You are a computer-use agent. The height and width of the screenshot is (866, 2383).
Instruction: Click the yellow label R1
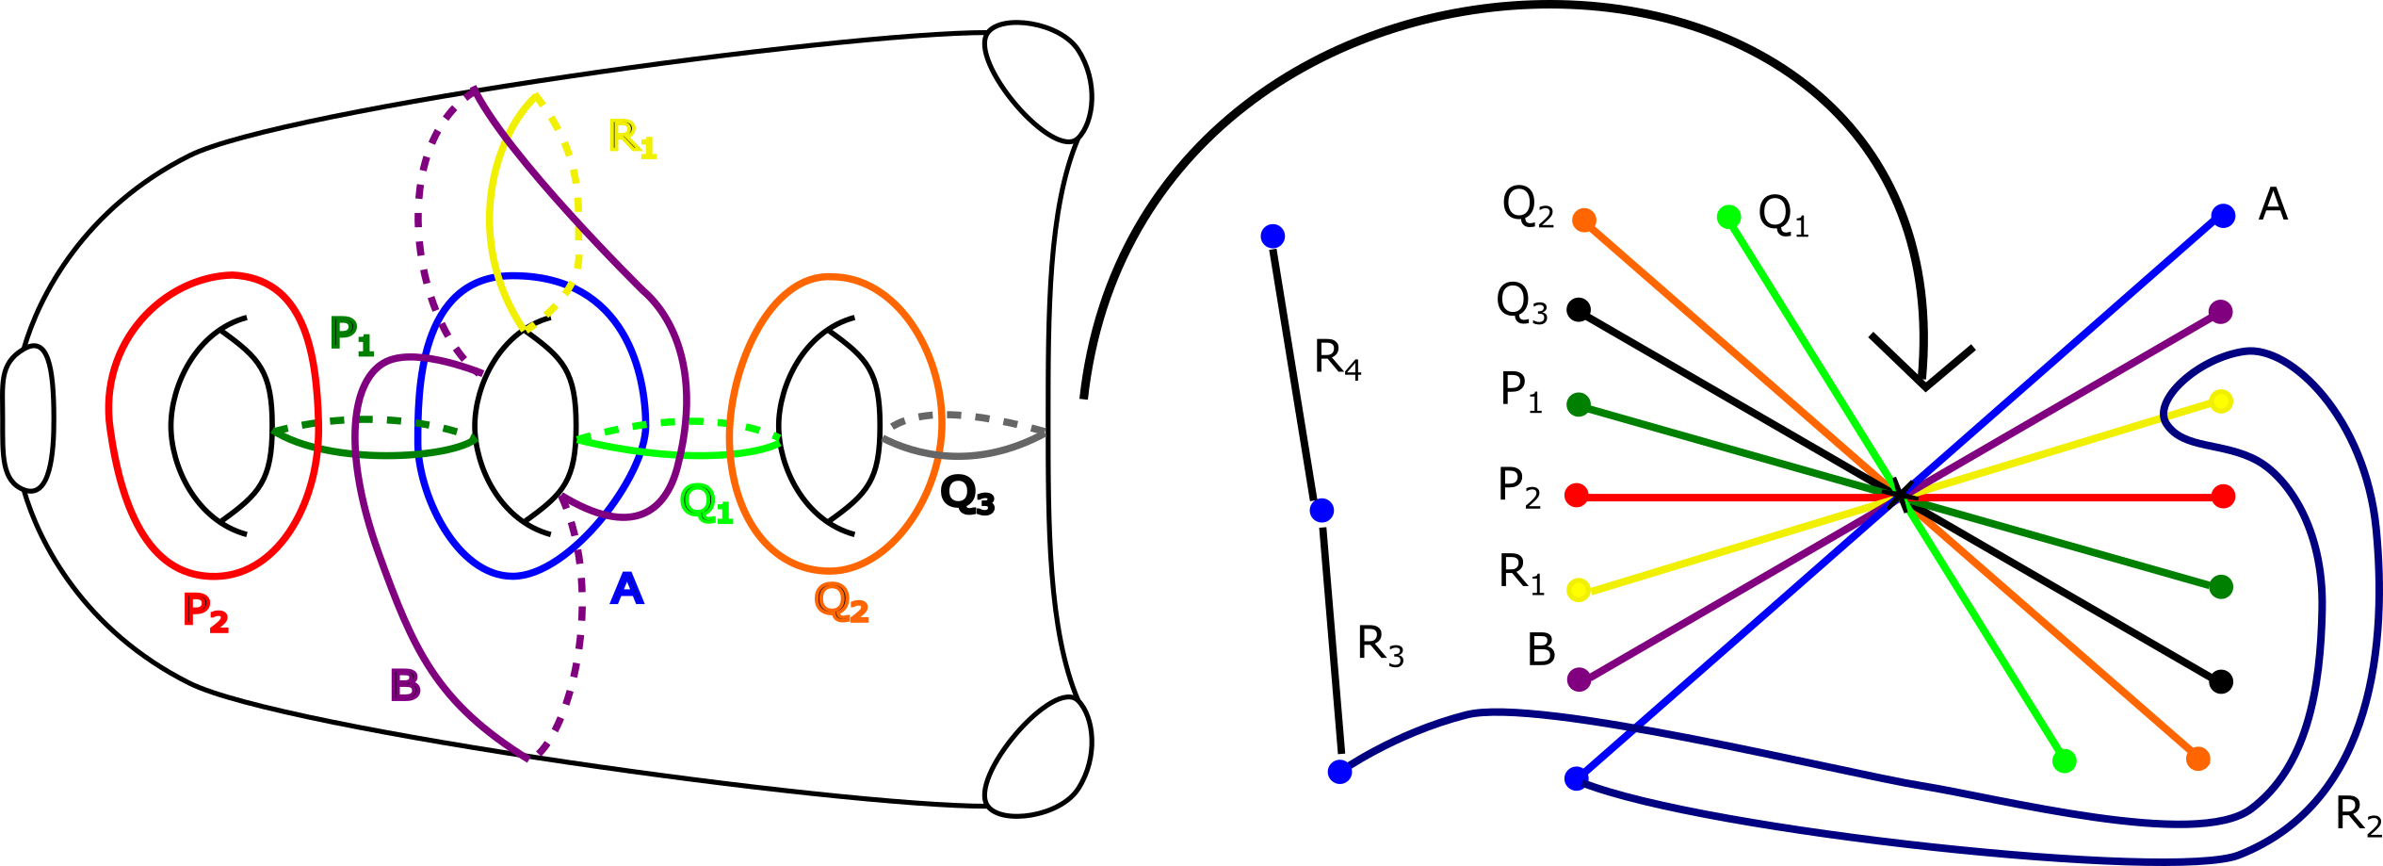(632, 138)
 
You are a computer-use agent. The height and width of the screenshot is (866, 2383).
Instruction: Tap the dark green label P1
(351, 335)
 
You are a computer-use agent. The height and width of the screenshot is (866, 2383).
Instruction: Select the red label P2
(205, 612)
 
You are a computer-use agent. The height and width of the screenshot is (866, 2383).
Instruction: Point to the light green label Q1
(705, 504)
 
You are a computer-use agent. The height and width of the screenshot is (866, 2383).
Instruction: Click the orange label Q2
(841, 602)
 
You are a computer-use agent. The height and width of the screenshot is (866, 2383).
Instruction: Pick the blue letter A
(627, 590)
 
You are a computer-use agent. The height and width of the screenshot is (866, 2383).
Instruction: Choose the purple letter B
(405, 685)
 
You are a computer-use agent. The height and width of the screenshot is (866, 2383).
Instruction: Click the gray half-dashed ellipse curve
(964, 454)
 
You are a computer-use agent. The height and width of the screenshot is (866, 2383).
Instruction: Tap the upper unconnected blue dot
(1273, 236)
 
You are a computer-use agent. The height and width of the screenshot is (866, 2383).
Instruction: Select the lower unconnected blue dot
(1321, 510)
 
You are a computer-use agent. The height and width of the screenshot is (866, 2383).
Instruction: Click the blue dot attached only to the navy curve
(1339, 772)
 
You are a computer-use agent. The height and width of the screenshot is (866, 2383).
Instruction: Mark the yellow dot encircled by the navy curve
(2221, 401)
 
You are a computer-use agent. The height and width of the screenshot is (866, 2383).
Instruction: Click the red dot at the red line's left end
(1577, 495)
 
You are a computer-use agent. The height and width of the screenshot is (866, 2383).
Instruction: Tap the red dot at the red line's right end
(2223, 497)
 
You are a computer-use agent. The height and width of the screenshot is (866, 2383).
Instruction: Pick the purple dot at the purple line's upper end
(2220, 312)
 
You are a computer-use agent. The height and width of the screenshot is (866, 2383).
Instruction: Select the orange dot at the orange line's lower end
(2197, 759)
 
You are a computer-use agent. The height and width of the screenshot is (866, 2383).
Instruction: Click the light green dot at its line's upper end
(1728, 218)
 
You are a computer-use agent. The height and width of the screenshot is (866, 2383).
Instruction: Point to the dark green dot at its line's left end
(1579, 404)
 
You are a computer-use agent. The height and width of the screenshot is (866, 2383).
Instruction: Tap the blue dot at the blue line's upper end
(2223, 216)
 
